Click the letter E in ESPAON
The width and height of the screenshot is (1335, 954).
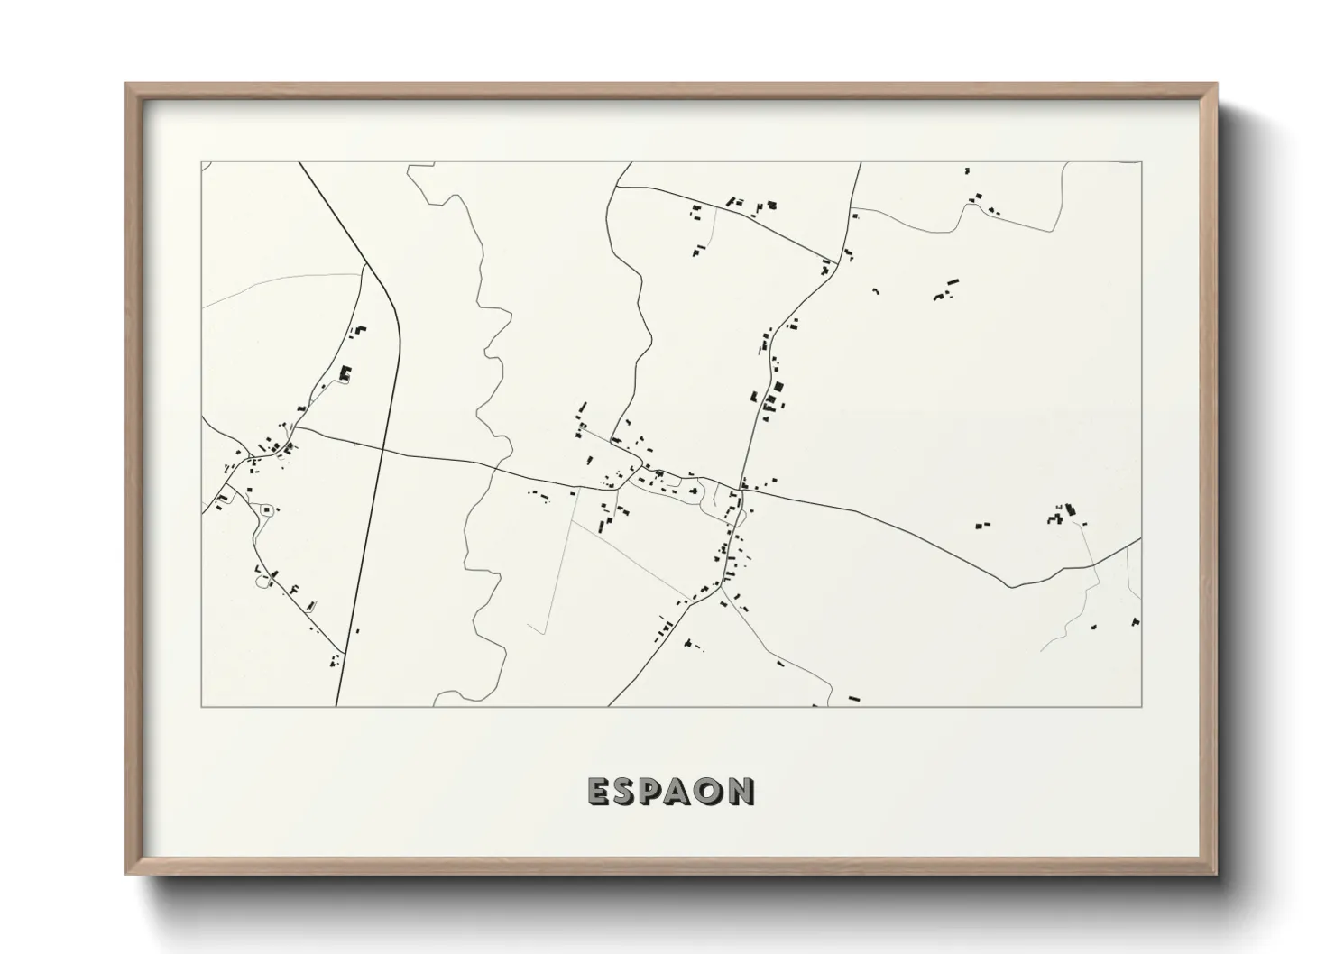pyautogui.click(x=599, y=791)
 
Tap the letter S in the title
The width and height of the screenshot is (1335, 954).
pyautogui.click(x=627, y=791)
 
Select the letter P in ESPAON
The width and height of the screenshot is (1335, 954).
pyautogui.click(x=655, y=791)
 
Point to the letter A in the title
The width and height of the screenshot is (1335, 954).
pyautogui.click(x=683, y=791)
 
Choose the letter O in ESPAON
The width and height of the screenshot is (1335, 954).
pyautogui.click(x=712, y=791)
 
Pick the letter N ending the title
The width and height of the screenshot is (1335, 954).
pyautogui.click(x=741, y=791)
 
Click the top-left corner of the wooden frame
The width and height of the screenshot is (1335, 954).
pyautogui.click(x=125, y=84)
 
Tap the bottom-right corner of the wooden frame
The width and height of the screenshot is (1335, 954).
pyautogui.click(x=1218, y=875)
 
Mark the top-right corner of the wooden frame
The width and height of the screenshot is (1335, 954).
pyautogui.click(x=1218, y=84)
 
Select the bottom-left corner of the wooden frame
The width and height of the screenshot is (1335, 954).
pyautogui.click(x=125, y=875)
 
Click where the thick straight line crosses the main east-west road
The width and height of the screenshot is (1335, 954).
pyautogui.click(x=384, y=448)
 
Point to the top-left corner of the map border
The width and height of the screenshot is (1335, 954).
pyautogui.click(x=201, y=161)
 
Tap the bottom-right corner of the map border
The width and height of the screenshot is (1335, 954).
pyautogui.click(x=1141, y=706)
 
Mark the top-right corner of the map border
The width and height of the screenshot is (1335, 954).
pyautogui.click(x=1141, y=161)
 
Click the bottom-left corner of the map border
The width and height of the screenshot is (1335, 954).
pyautogui.click(x=201, y=706)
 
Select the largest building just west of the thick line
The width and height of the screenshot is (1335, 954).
pyautogui.click(x=344, y=372)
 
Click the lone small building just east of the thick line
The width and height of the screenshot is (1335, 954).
pyautogui.click(x=357, y=631)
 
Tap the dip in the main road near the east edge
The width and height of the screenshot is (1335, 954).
pyautogui.click(x=1013, y=586)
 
